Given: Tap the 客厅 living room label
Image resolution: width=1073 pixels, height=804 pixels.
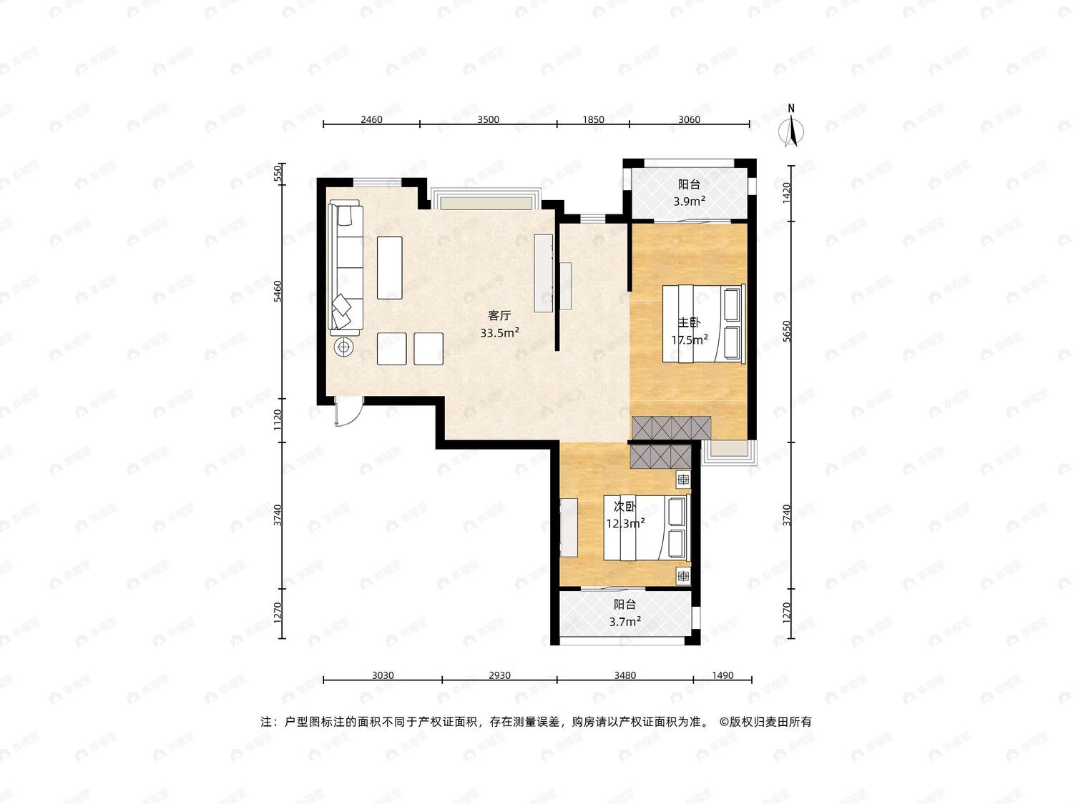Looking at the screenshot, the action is click(x=499, y=315).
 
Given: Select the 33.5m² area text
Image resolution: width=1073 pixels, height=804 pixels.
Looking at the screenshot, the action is click(x=499, y=333).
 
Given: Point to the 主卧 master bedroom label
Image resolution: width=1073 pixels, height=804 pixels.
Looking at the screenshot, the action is click(x=689, y=322).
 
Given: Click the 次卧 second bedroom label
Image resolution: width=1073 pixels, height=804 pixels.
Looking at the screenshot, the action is click(x=625, y=507).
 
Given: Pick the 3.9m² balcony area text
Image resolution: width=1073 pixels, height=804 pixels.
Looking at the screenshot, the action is click(x=690, y=201).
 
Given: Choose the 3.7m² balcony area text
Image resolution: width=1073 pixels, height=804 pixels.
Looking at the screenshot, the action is click(x=625, y=622).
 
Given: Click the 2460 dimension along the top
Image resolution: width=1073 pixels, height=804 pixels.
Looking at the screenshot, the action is click(x=371, y=119).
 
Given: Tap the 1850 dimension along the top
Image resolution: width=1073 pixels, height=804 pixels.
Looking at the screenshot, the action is click(x=593, y=119).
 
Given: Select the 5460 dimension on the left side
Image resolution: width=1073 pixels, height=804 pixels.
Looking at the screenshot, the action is click(x=278, y=291).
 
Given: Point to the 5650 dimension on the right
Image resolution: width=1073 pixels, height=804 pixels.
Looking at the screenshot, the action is click(x=786, y=331).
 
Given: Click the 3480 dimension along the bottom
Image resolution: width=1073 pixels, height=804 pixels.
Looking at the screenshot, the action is click(x=624, y=675).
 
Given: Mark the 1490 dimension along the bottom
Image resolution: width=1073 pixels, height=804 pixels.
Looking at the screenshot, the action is click(x=722, y=675).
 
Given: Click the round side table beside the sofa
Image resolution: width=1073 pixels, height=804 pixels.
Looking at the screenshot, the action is click(x=343, y=347).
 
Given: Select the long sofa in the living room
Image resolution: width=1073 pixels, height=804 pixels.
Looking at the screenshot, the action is click(x=346, y=267).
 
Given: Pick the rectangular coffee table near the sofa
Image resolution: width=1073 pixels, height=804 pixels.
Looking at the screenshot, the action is click(x=390, y=267).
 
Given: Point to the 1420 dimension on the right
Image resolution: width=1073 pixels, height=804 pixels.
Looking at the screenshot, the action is click(x=786, y=193).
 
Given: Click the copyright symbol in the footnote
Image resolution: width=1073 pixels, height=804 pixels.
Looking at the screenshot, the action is click(x=723, y=722).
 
